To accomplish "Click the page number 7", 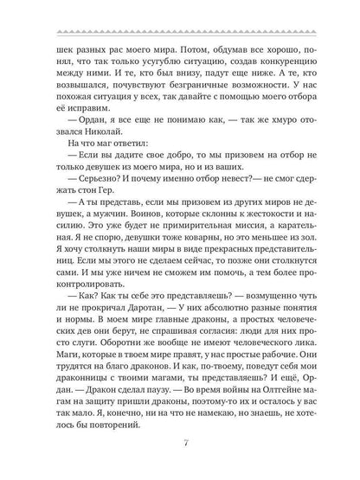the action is coord(180,447).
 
